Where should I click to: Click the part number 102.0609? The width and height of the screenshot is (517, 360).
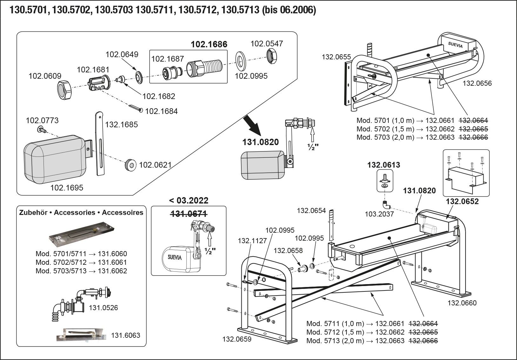[45, 76]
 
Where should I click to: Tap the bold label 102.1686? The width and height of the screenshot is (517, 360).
[209, 44]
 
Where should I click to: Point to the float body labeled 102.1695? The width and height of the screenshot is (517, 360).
[56, 159]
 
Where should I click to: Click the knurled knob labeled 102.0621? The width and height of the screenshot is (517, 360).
[130, 164]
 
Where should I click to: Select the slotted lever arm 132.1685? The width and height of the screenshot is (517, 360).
[100, 143]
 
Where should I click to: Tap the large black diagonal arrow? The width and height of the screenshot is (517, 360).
[252, 126]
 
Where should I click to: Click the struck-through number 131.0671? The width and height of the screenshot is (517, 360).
[189, 214]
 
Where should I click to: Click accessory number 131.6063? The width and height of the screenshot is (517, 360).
[125, 335]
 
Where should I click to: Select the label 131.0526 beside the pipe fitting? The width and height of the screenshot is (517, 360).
[103, 308]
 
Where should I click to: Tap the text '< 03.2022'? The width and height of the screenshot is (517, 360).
[189, 200]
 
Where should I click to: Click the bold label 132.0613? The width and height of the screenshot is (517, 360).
[384, 165]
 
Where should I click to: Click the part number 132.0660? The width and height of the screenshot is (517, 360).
[462, 303]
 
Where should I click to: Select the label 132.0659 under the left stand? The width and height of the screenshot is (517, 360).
[237, 339]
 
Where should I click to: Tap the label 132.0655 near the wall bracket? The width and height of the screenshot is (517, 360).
[336, 57]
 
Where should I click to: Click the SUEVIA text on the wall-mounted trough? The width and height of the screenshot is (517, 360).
[455, 45]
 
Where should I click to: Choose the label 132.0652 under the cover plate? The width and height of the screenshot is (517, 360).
[462, 201]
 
